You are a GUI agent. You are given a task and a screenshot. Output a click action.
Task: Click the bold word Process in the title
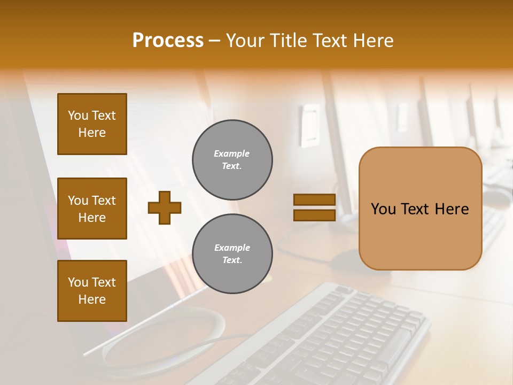168,41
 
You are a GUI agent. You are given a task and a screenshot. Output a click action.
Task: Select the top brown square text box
92,124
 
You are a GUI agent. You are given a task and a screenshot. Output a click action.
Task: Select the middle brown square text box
92,209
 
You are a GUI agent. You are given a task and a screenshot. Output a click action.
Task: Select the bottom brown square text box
92,291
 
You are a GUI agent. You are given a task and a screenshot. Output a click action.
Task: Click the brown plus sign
165,207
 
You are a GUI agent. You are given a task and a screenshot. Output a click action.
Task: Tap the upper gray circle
232,160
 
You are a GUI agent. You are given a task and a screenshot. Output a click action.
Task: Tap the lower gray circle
232,254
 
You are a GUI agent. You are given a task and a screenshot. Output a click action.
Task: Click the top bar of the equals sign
314,200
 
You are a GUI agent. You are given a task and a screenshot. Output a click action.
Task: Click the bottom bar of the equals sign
314,215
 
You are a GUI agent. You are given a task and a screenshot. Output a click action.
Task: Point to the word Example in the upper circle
231,153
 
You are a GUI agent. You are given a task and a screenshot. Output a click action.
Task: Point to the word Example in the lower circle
232,248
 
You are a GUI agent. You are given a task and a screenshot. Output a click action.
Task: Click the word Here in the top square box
92,133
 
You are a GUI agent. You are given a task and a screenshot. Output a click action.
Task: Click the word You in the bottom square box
78,282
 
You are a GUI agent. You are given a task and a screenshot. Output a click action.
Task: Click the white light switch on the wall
309,126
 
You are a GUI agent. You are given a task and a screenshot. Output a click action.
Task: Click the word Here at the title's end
374,41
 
